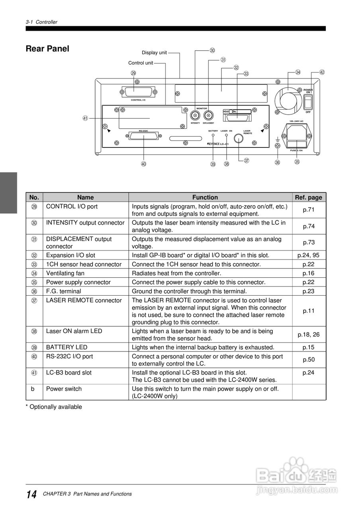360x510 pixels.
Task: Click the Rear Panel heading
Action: pyautogui.click(x=47, y=49)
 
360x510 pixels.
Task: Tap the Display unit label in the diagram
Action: pyautogui.click(x=154, y=53)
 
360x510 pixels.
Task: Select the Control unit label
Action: pyautogui.click(x=141, y=63)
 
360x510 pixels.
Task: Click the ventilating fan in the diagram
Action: pyautogui.click(x=288, y=97)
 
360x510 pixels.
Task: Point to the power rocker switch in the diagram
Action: pyautogui.click(x=308, y=102)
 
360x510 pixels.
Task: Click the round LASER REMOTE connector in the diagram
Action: pyautogui.click(x=238, y=139)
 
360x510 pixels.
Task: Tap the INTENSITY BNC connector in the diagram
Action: pyautogui.click(x=195, y=116)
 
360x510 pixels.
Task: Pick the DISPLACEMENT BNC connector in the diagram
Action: pyautogui.click(x=208, y=116)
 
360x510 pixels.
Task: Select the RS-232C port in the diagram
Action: pyautogui.click(x=143, y=136)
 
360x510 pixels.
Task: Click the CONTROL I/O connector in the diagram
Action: pyautogui.click(x=137, y=92)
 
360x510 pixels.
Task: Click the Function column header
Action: pyautogui.click(x=205, y=197)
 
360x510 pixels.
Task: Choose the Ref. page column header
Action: pyautogui.click(x=308, y=197)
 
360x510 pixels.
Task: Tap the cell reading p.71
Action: pyautogui.click(x=309, y=210)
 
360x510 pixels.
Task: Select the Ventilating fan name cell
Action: pyautogui.click(x=65, y=273)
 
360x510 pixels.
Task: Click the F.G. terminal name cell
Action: pyautogui.click(x=63, y=291)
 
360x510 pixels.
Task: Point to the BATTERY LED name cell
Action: pyautogui.click(x=67, y=347)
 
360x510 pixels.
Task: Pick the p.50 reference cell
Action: pyautogui.click(x=309, y=360)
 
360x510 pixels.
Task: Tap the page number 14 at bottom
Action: pyautogui.click(x=31, y=494)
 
